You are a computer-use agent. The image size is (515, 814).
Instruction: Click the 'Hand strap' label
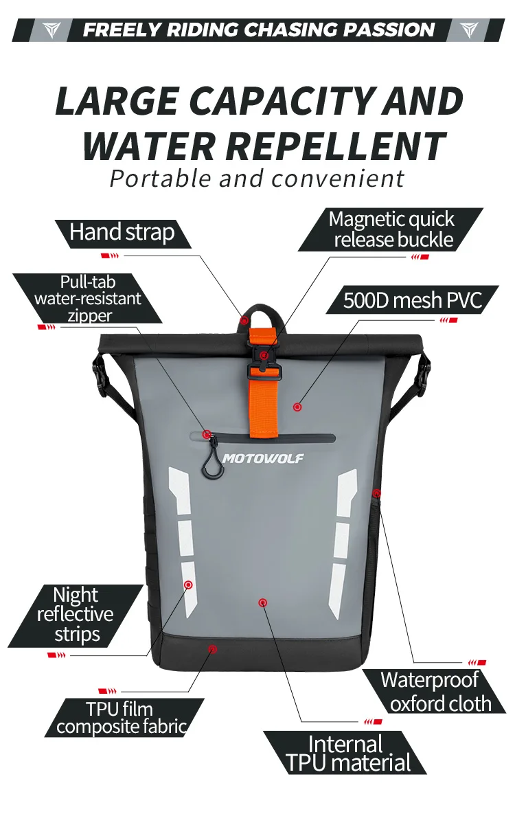pos(122,233)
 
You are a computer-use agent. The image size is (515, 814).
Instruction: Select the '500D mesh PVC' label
pos(412,300)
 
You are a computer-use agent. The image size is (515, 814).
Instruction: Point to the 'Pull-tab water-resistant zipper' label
pos(87,298)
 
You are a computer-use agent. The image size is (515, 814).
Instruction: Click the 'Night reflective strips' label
pos(75,614)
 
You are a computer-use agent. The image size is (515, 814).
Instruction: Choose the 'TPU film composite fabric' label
pos(121,718)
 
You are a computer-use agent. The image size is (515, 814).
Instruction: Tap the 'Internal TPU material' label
pos(347,753)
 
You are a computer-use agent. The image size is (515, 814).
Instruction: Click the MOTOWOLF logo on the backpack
pos(262,458)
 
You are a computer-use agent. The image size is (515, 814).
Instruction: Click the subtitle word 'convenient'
pos(338,179)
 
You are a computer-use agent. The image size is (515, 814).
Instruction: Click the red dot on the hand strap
pos(244,320)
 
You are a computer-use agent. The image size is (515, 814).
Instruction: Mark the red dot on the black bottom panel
pos(213,648)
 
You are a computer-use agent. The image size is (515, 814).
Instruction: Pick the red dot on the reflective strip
pos(188,585)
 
